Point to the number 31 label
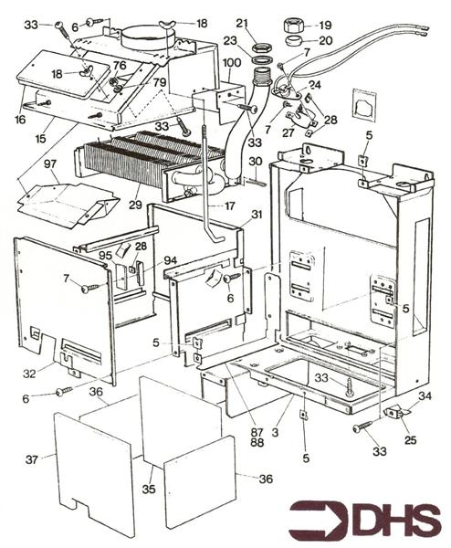257,215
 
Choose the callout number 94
170,261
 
